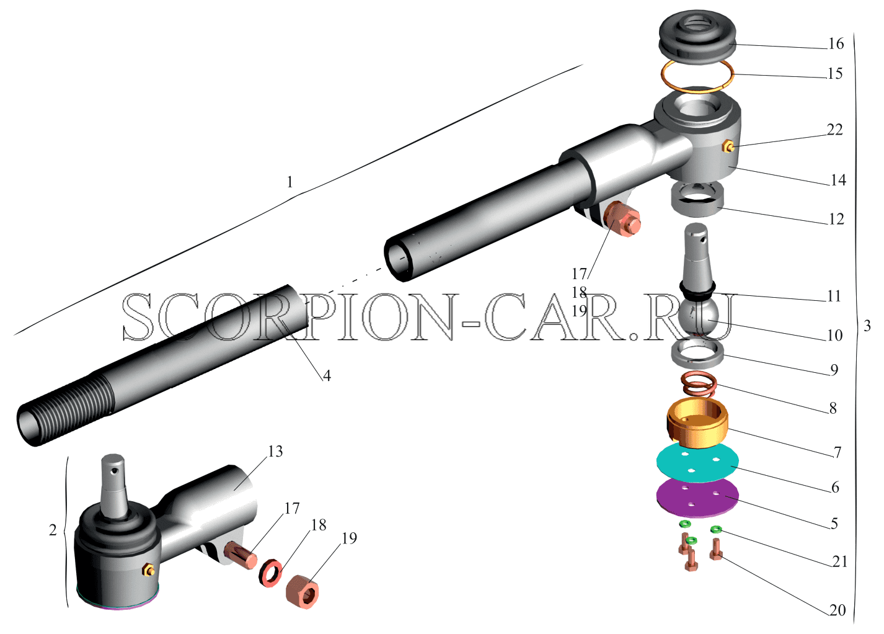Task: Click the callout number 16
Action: pos(836,44)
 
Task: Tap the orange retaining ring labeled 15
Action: pos(698,90)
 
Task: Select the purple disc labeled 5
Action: pos(697,498)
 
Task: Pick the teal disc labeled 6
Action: pos(697,463)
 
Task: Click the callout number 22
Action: pos(834,130)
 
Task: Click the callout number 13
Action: pos(275,451)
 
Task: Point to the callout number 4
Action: pos(327,376)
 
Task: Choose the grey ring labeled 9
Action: pos(697,353)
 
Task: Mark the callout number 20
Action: pos(837,610)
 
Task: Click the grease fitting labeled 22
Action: pos(728,148)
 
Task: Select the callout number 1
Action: pos(290,182)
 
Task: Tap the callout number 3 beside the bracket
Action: pos(867,326)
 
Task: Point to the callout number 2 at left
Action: pos(53,530)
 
